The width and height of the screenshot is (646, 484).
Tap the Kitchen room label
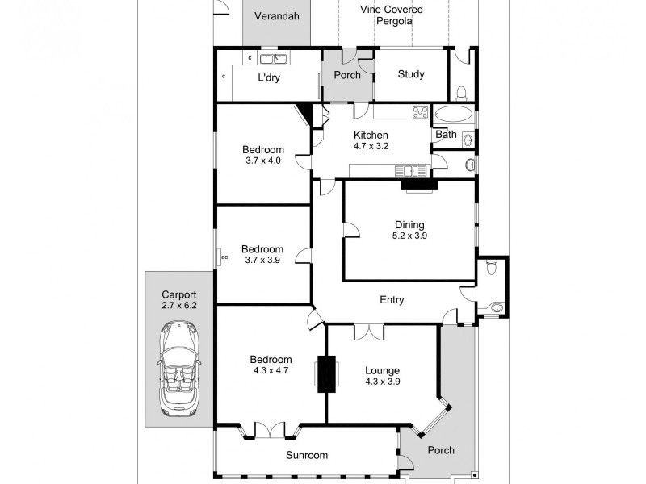pos(371,140)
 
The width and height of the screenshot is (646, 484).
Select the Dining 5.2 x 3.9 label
pos(409,231)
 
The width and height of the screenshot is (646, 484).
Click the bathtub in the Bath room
pos(454,114)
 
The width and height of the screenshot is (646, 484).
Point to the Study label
pos(411,75)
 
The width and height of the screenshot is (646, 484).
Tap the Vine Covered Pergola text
pos(391,15)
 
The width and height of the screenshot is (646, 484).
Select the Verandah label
pos(276,16)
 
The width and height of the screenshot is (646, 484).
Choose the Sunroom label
pos(307,455)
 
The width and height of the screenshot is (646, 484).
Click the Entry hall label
pos(392,300)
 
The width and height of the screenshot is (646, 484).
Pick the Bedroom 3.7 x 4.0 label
pos(263,155)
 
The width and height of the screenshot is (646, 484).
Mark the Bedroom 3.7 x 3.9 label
pos(262,255)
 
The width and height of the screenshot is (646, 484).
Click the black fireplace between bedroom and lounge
pos(327,374)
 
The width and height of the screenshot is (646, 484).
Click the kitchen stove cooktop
pos(420,113)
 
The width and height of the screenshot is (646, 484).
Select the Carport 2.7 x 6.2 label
pos(178,300)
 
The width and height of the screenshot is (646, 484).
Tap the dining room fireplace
pos(418,186)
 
